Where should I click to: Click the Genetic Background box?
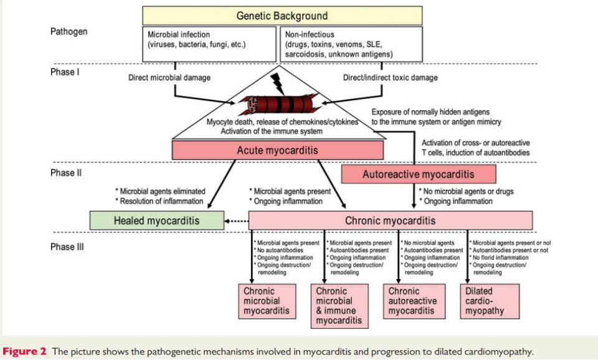(282, 16)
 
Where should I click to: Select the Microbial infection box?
(209, 44)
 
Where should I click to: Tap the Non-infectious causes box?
(352, 44)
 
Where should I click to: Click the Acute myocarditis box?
(277, 151)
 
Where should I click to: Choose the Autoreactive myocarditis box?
(419, 174)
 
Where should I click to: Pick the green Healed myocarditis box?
(156, 220)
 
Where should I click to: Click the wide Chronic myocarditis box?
(391, 220)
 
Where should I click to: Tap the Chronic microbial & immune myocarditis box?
(337, 306)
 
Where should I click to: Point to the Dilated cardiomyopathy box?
(491, 301)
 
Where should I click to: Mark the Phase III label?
(67, 247)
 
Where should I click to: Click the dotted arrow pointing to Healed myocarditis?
(236, 220)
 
